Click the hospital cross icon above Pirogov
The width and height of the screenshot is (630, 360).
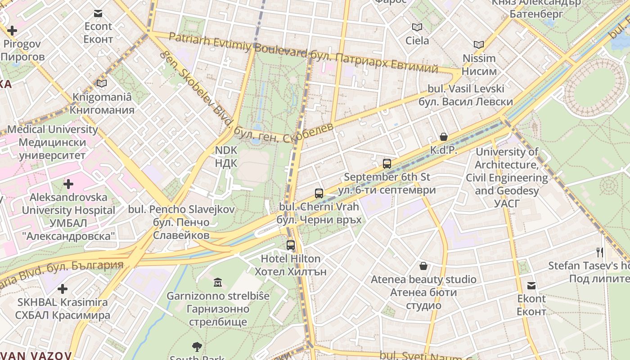coord(12,31)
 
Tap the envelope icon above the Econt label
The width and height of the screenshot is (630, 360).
coord(98,13)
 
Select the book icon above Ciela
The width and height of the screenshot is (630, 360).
coord(417,27)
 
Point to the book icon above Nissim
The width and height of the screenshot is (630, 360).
coord(479,45)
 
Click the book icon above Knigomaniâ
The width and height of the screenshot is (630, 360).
coord(102,84)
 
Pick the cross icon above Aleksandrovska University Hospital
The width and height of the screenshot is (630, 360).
coord(68,184)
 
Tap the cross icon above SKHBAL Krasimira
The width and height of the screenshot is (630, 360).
coord(63,289)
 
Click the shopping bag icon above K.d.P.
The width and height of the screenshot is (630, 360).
coord(444,137)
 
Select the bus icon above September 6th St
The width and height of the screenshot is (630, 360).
coord(387,164)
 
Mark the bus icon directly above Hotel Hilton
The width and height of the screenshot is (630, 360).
coord(291,245)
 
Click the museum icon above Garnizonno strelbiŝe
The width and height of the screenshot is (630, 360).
coord(218,283)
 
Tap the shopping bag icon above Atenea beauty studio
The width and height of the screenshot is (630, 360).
coord(423,266)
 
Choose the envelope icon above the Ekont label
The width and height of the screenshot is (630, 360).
coord(531,285)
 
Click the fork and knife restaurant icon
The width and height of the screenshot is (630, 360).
coord(599,252)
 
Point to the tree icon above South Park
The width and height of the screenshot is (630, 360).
coord(197,346)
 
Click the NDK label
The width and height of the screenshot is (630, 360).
coord(226,156)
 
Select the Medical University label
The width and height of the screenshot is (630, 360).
coord(52,142)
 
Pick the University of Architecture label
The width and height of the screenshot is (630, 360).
coord(507,178)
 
